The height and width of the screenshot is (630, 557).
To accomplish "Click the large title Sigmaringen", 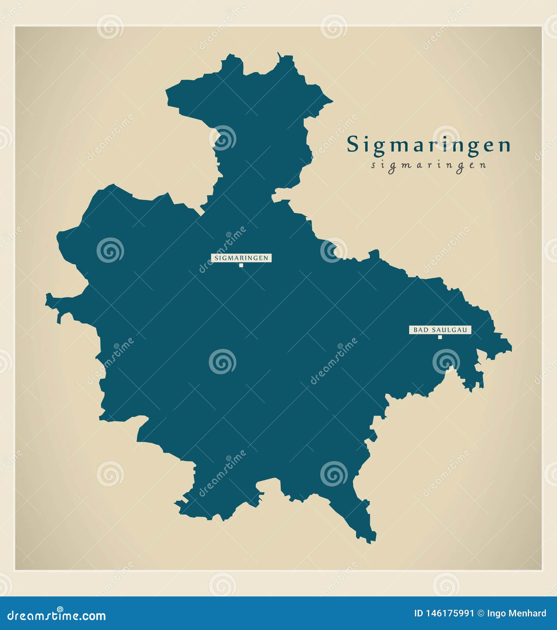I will coord(429,145).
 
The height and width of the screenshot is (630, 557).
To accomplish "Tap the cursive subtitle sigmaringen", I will coord(429,165).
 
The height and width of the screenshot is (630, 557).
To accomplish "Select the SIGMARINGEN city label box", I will coord(241,258).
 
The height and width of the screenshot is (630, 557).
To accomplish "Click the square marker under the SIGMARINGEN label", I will coord(241,265).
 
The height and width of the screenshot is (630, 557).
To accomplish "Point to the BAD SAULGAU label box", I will coord(440,330).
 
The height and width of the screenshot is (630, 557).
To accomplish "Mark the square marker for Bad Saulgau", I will coord(440,337).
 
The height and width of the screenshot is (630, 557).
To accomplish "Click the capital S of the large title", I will coord(353,145).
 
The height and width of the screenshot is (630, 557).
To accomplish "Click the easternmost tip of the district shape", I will coord(511,349).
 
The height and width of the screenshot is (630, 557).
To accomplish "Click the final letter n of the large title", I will coord(505,147).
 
